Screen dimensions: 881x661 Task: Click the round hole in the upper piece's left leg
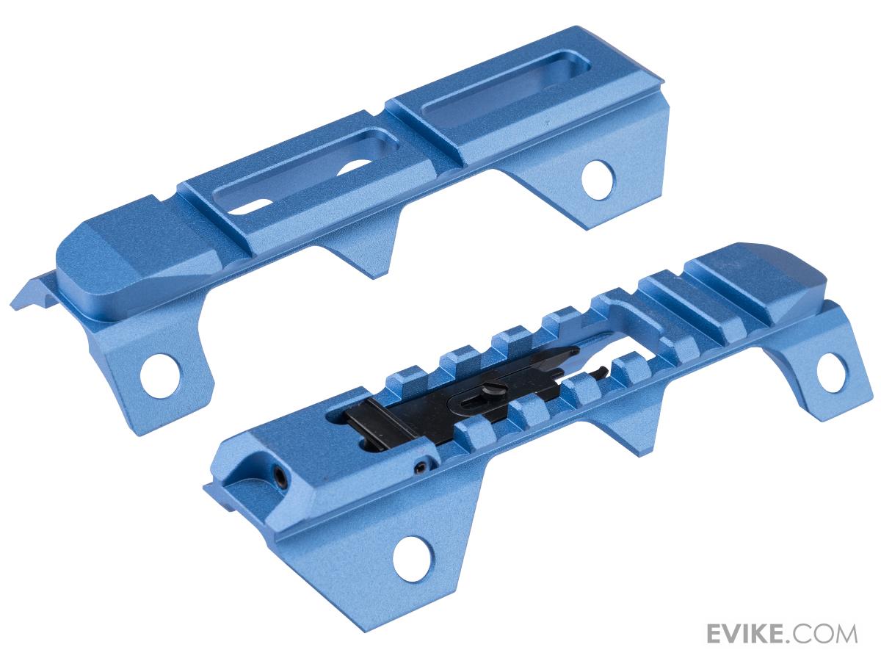[159, 377]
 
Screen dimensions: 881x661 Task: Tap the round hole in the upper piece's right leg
[598, 180]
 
